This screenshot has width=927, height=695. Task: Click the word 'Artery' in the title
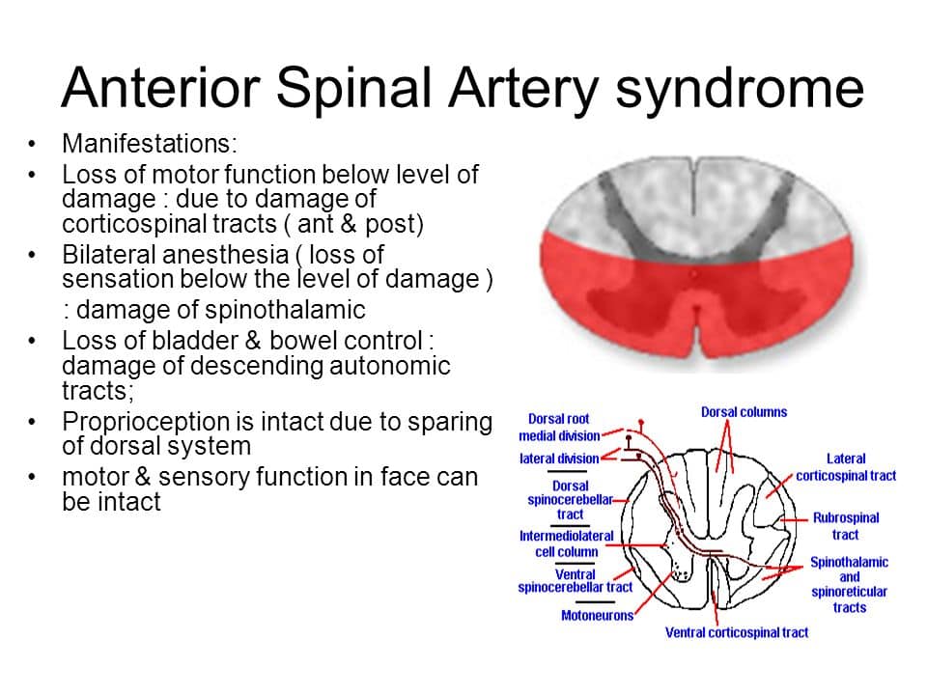point(523,90)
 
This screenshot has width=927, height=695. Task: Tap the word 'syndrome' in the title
point(740,90)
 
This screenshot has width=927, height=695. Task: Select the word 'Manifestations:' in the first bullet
point(149,144)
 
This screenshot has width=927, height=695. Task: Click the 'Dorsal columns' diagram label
point(744,412)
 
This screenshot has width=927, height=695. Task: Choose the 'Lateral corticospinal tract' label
point(846,467)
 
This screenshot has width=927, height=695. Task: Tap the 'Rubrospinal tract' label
point(846,526)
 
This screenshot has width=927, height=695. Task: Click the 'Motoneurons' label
point(597,615)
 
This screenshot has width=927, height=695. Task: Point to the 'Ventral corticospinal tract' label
point(736,632)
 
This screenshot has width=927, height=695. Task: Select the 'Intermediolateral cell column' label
point(567,543)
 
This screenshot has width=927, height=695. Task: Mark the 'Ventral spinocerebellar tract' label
point(575,580)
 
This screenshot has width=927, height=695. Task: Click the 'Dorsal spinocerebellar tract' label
point(570,500)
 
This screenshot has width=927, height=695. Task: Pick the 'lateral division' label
point(559,459)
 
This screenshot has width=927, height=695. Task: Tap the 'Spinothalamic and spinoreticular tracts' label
point(849,585)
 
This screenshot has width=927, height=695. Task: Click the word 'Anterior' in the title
point(160,89)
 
